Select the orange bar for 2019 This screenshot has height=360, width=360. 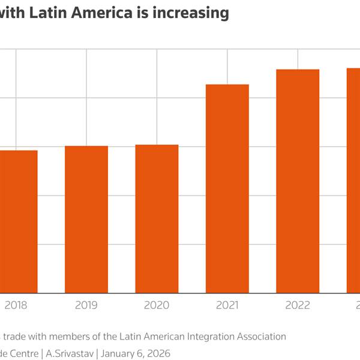click(86, 220)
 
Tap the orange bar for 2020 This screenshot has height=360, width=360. click(157, 219)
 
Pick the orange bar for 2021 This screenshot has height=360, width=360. click(227, 189)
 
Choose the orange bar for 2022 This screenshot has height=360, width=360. click(298, 181)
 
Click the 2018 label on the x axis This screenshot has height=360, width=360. click(16, 305)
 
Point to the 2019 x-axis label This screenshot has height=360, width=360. click(86, 305)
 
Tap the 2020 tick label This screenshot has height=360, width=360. click(157, 305)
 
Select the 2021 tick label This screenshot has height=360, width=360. click(227, 305)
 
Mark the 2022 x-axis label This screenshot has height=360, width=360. click(298, 305)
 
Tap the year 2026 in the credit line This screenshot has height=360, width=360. click(158, 353)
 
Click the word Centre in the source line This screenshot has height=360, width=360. click(24, 353)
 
